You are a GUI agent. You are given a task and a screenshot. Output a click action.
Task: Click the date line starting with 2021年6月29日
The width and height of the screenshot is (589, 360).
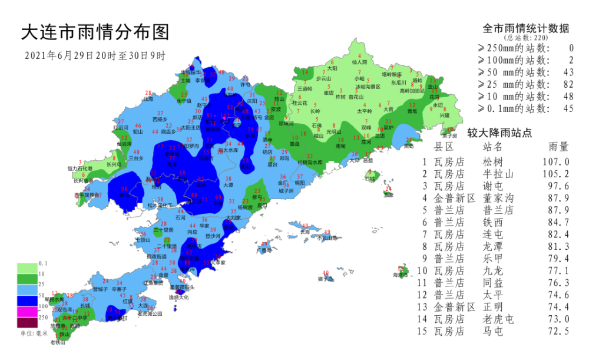click(x=94, y=56)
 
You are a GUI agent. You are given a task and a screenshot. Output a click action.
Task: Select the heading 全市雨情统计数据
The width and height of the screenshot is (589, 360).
click(x=525, y=28)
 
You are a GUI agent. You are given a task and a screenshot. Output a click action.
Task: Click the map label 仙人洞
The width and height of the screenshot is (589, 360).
click(x=359, y=61)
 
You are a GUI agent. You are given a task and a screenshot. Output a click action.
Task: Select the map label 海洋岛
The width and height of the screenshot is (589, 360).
click(x=401, y=275)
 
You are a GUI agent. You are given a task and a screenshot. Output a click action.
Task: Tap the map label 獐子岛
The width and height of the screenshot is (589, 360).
click(x=326, y=279)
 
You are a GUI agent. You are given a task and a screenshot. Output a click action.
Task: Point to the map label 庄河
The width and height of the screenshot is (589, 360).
click(x=366, y=142)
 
